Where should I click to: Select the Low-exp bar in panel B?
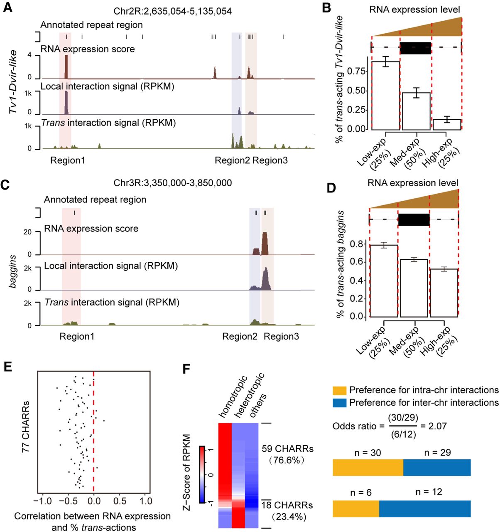[x=385, y=96]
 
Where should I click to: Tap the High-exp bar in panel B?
[x=447, y=125]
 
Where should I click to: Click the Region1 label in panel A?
[x=68, y=160]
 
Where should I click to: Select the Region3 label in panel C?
[x=281, y=336]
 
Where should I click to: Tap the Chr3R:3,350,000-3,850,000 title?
[x=173, y=183]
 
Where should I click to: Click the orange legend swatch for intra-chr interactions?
[x=339, y=390]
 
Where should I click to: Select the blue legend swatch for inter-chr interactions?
[x=339, y=403]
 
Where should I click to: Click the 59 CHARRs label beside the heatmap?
[x=287, y=449]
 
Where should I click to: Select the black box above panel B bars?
[x=415, y=47]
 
